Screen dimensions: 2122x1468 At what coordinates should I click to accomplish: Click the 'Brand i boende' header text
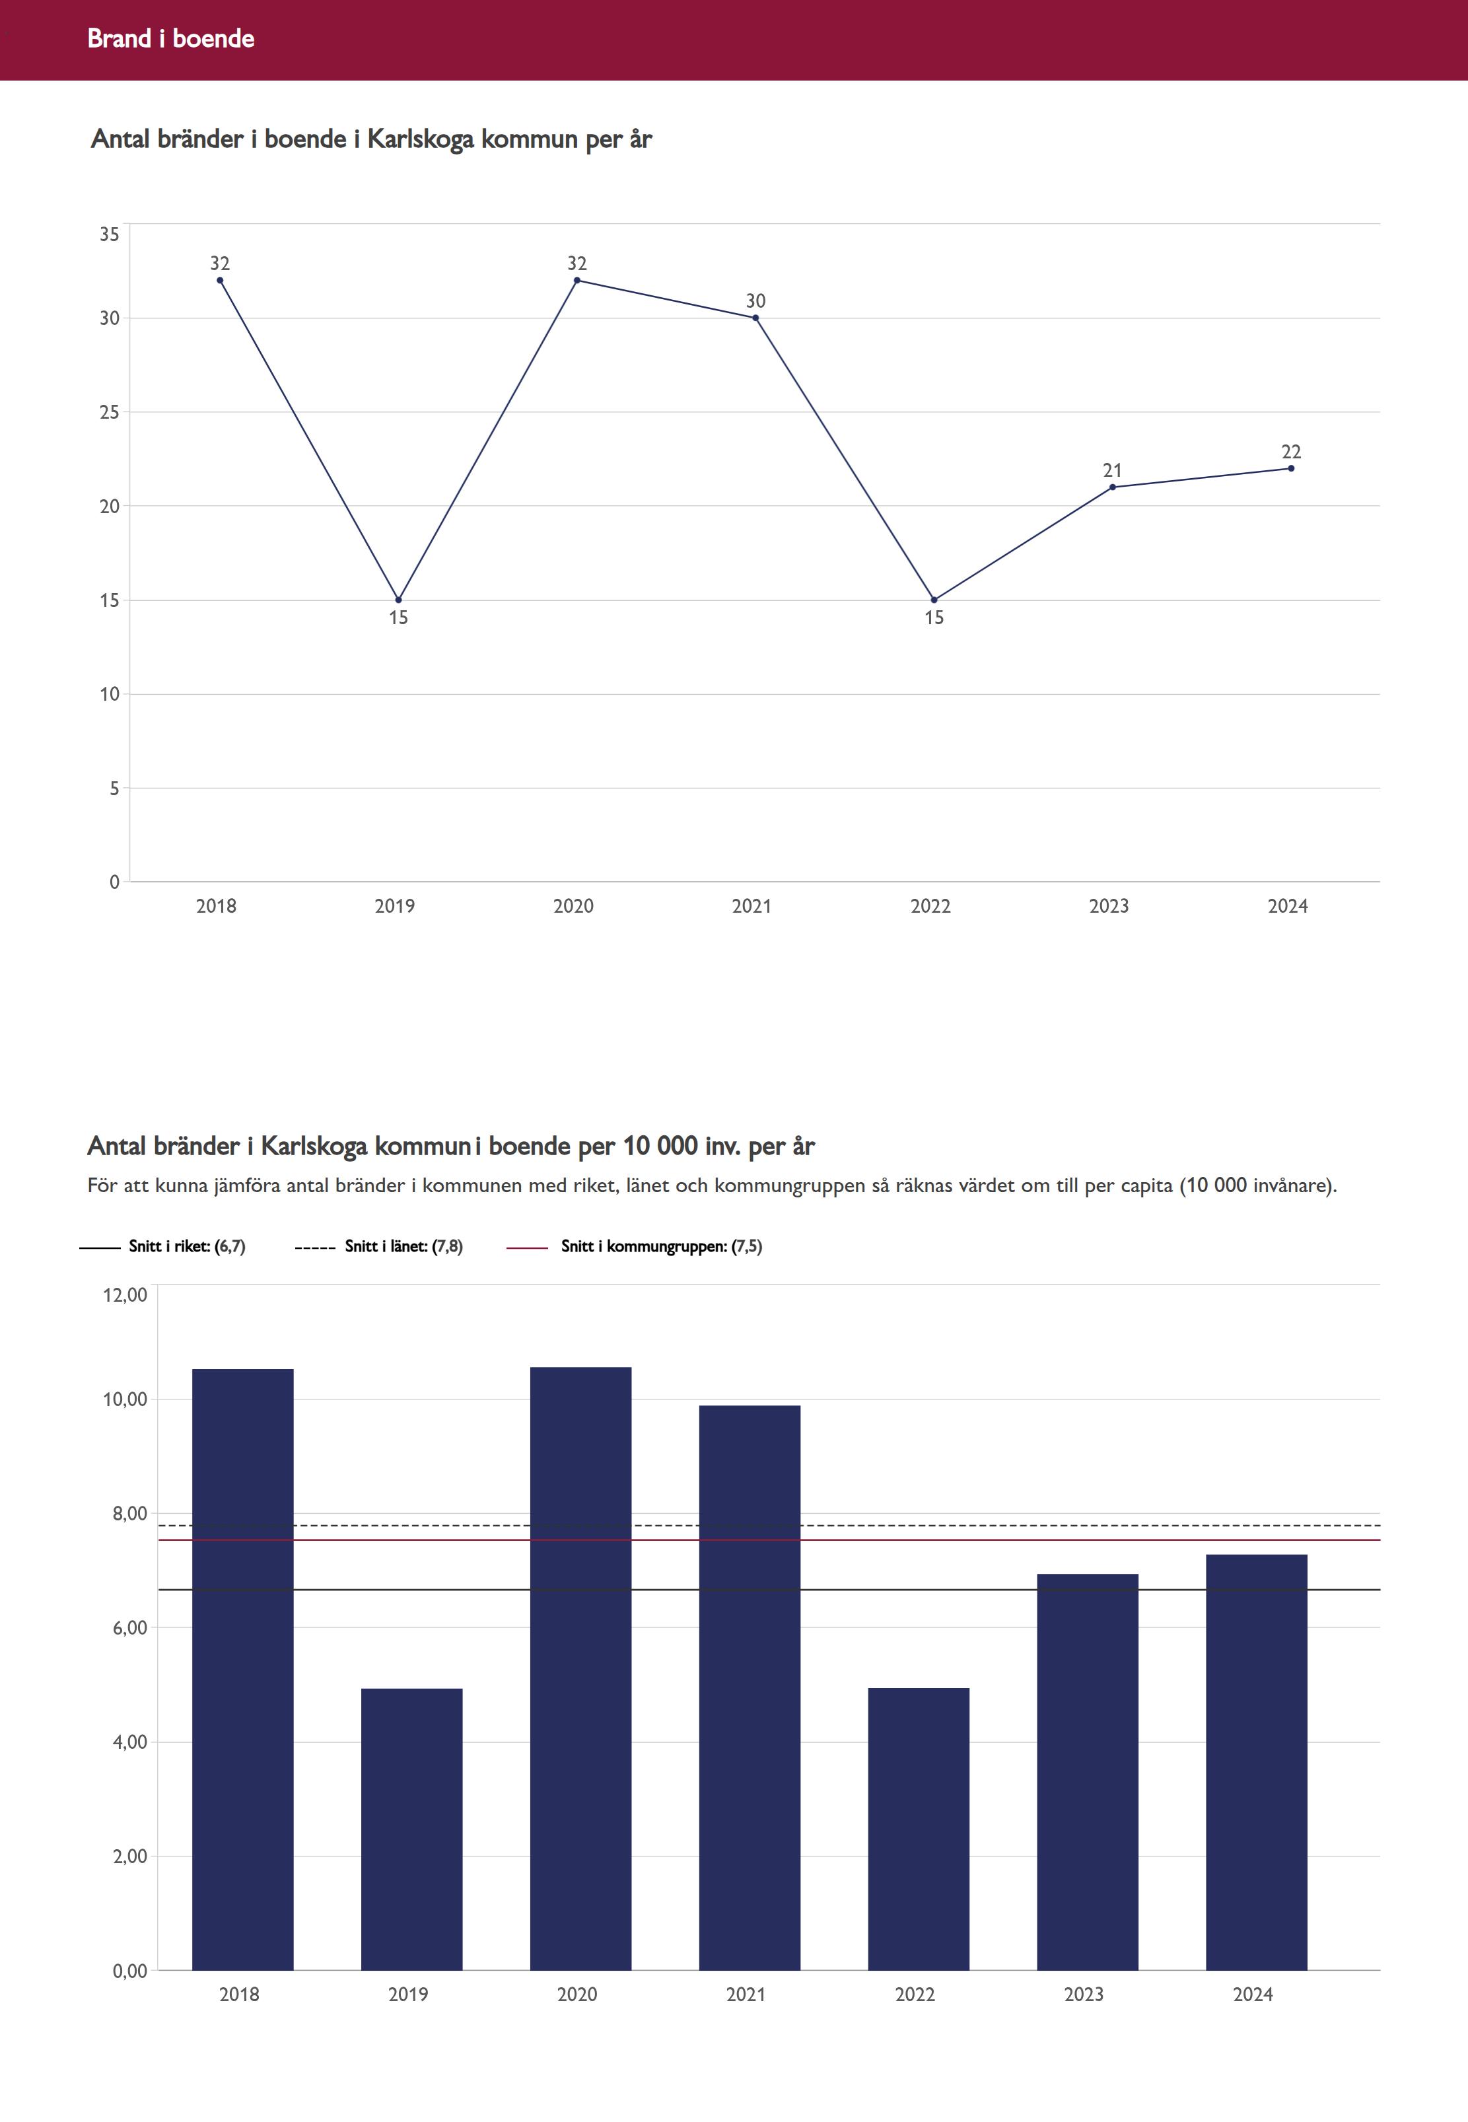point(171,38)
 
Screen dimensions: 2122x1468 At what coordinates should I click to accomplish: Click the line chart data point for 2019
point(398,600)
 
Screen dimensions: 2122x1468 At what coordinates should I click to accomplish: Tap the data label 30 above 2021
point(755,301)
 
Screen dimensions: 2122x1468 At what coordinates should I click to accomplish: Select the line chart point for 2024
point(1290,468)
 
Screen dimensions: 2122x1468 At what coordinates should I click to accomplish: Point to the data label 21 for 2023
point(1112,470)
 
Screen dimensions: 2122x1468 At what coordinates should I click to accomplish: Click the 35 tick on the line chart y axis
point(110,234)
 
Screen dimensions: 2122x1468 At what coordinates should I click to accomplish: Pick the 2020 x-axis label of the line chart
point(573,906)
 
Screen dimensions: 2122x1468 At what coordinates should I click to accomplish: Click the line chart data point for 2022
point(934,600)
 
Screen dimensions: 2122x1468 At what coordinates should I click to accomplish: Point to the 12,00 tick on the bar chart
point(125,1295)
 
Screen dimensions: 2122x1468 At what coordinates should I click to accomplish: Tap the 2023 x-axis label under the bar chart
point(1084,1994)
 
